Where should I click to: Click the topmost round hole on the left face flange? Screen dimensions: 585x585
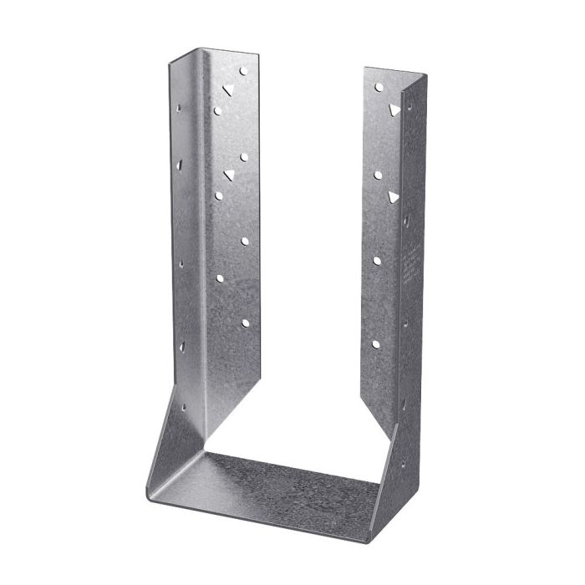[243, 72]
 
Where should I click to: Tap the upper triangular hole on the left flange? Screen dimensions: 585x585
[227, 90]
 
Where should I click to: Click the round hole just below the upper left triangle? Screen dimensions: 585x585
[217, 110]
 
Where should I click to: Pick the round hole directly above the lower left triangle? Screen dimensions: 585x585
[244, 156]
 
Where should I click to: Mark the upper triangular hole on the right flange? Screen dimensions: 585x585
[393, 109]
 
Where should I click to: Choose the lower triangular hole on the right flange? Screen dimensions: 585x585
[393, 196]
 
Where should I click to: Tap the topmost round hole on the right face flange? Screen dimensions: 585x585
[379, 86]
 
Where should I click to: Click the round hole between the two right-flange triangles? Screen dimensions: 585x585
[378, 175]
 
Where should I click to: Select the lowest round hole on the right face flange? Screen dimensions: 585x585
[376, 343]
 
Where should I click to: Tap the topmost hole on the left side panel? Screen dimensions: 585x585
[178, 108]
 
